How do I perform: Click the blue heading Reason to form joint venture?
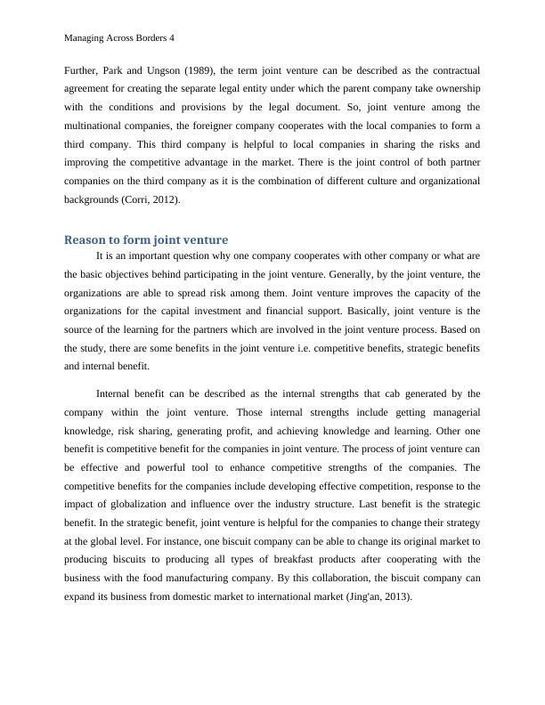146,239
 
